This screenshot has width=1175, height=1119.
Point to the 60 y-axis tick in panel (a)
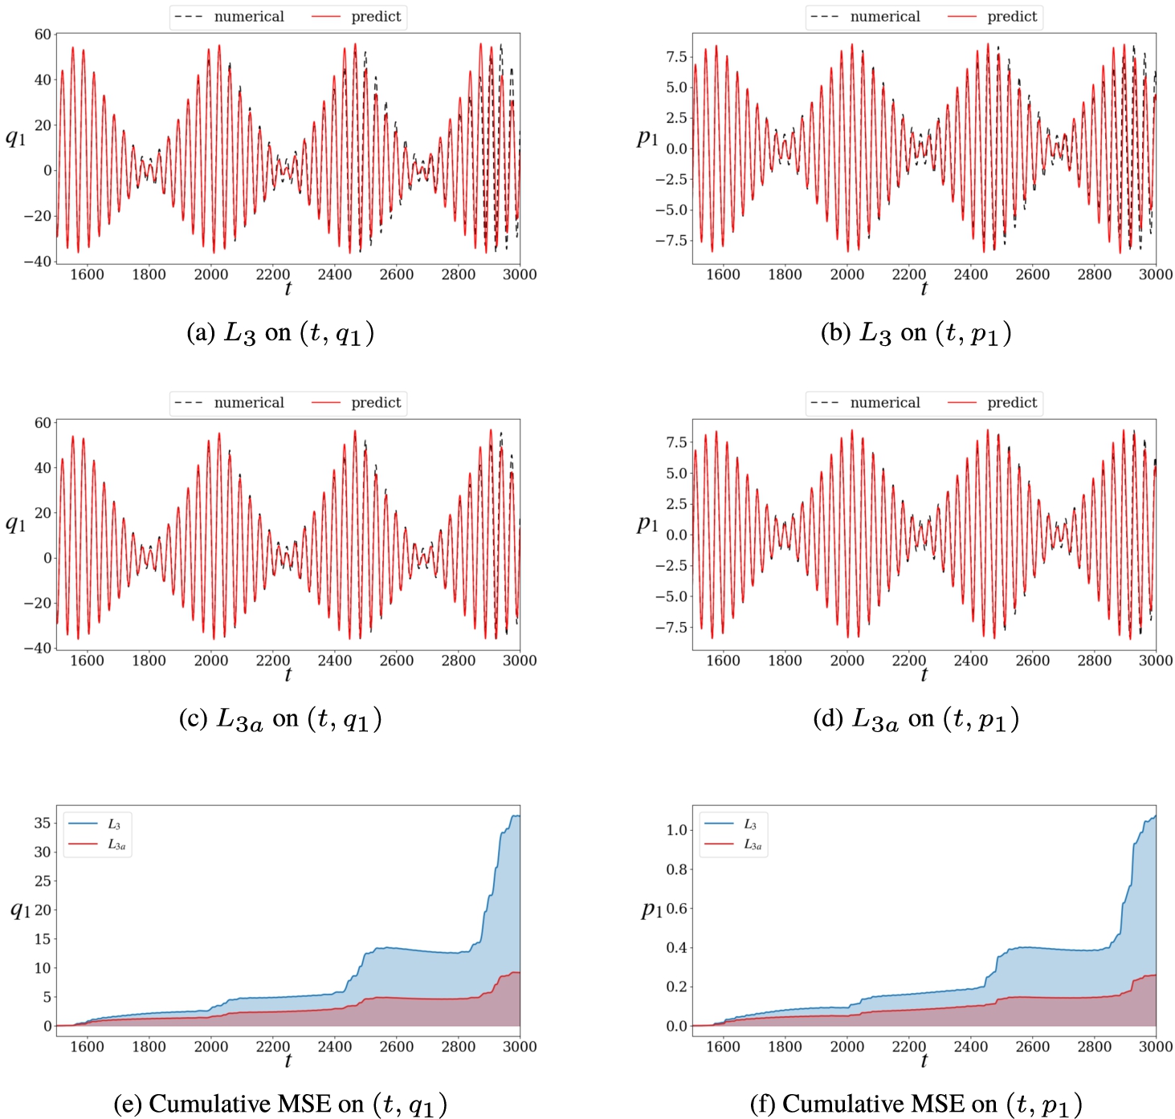pos(43,35)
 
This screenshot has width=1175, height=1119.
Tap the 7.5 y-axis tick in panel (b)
pos(676,57)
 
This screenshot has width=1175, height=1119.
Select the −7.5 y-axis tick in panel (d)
pos(671,627)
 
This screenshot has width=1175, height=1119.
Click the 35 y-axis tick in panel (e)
pos(43,823)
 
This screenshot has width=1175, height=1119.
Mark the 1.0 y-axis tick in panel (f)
pos(677,830)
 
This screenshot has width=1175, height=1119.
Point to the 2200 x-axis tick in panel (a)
pos(273,275)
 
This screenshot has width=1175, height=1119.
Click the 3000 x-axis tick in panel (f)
pos(1155,1047)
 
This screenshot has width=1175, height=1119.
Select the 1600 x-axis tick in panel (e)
pos(87,1047)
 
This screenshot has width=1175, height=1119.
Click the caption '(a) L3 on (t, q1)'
pos(280,333)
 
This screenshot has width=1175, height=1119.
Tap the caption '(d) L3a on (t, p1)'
pos(916,719)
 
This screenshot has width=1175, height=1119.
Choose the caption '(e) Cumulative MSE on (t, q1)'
pos(280,1105)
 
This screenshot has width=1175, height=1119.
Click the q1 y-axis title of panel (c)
pos(16,524)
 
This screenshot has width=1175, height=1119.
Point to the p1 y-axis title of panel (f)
pos(651,909)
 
